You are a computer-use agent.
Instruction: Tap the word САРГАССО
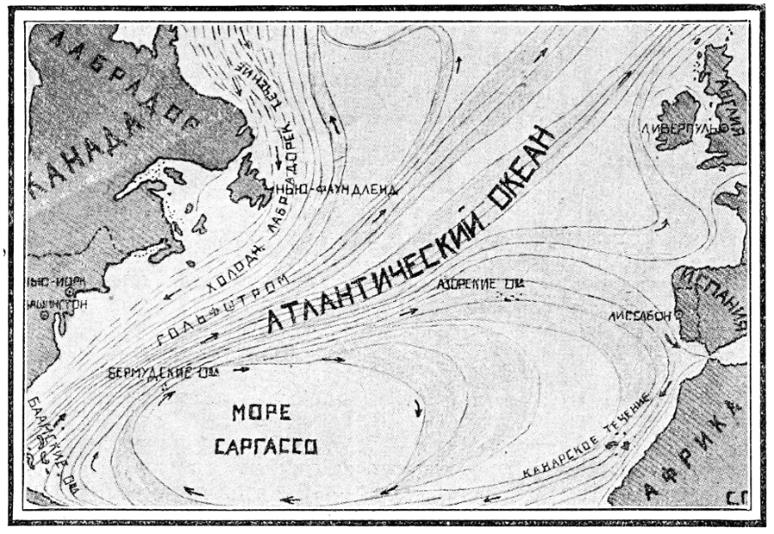267,447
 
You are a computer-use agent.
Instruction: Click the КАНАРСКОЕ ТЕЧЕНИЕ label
593,439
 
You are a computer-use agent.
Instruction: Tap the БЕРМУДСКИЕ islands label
161,373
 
